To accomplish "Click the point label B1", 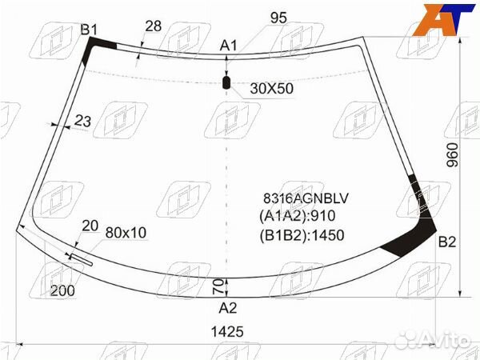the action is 89,30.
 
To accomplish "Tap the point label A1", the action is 228,46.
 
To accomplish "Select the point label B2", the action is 447,242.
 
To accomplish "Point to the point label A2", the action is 228,308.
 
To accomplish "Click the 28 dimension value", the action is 153,26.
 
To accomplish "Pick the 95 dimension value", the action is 278,18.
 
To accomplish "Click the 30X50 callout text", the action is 271,89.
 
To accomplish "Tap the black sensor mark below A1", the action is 226,82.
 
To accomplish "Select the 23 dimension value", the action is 82,121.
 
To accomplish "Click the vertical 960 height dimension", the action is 453,155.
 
